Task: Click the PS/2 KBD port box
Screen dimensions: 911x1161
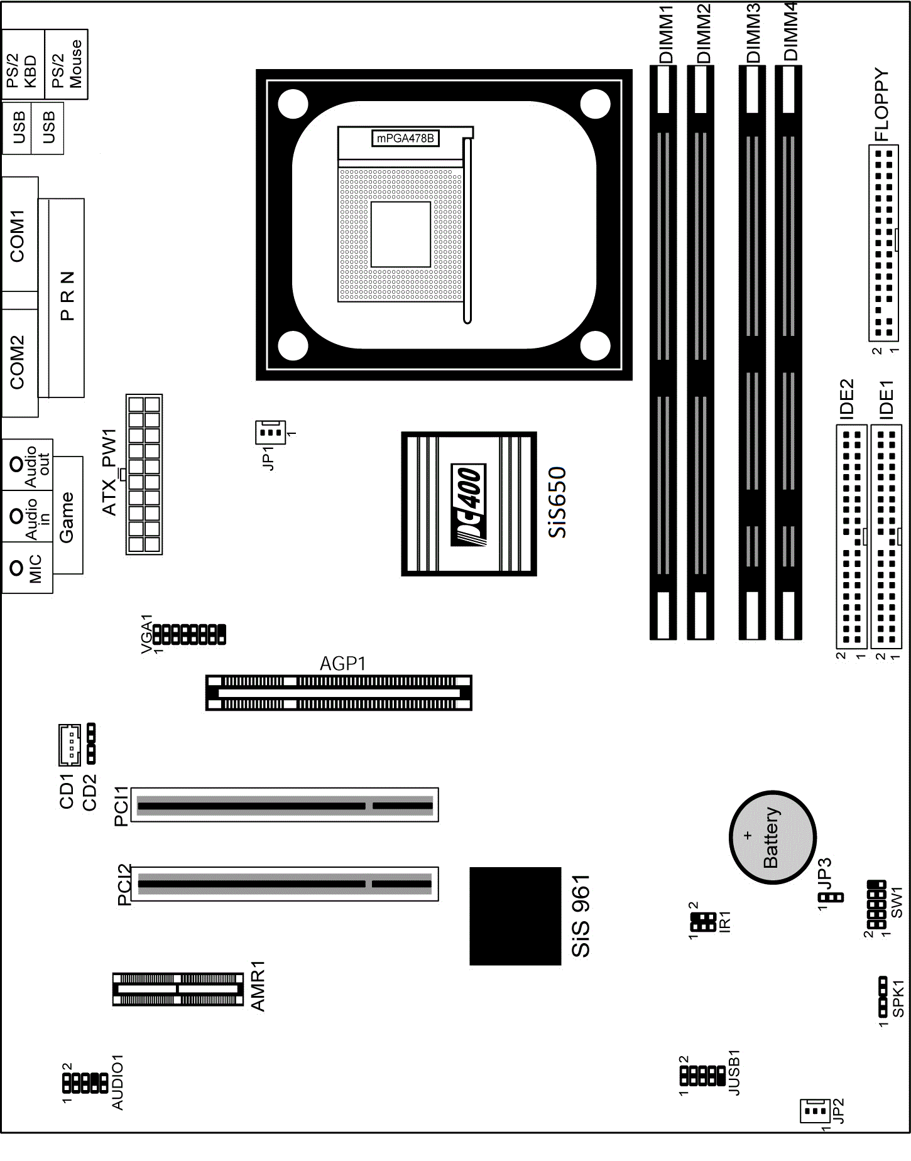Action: click(x=23, y=64)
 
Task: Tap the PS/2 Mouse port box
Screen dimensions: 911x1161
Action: click(x=67, y=64)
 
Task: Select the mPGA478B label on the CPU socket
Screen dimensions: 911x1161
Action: click(x=405, y=138)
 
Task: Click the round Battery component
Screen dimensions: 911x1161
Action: click(x=772, y=837)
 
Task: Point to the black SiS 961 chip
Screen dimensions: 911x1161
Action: click(x=515, y=915)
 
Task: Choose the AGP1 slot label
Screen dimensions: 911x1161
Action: click(x=342, y=664)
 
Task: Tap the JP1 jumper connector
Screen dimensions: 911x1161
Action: click(x=270, y=432)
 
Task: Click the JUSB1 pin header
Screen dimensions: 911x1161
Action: click(x=702, y=1076)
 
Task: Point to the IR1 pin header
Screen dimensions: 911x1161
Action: click(x=703, y=922)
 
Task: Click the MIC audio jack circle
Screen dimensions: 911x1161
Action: click(x=17, y=568)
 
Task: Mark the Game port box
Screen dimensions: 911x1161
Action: click(x=67, y=515)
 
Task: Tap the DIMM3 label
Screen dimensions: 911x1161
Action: click(x=753, y=33)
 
